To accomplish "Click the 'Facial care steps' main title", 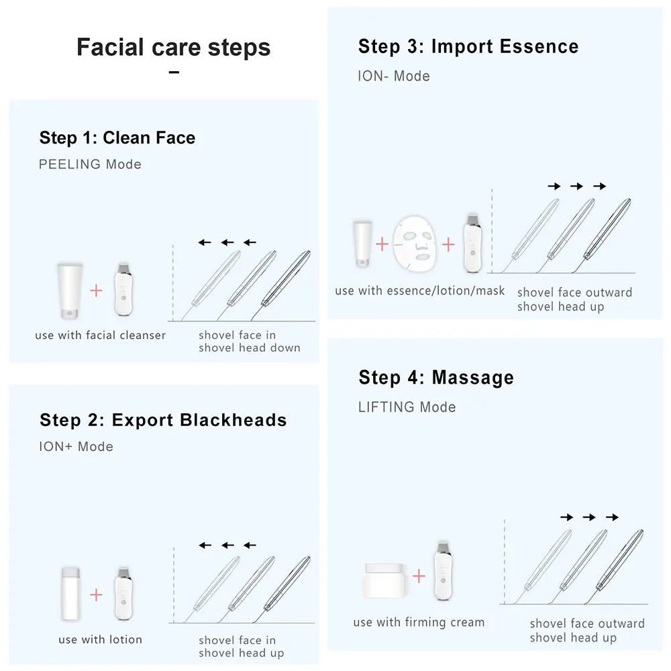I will (x=173, y=48).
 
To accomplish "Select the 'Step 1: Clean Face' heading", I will (x=117, y=138).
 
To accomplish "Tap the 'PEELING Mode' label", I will (x=90, y=164).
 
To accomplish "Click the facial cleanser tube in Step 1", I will (x=69, y=291).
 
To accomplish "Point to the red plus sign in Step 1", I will (x=97, y=290).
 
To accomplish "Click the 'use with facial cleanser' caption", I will (x=101, y=335).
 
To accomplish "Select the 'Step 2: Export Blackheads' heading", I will (x=163, y=420).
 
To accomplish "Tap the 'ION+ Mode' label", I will (x=76, y=447).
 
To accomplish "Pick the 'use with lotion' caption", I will (x=101, y=639).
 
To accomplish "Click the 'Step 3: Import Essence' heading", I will (x=468, y=47).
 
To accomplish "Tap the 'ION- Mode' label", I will (x=394, y=76).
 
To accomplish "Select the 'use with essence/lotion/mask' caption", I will (x=420, y=291).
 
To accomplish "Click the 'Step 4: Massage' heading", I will (x=436, y=378).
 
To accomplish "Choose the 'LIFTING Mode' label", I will (x=407, y=407).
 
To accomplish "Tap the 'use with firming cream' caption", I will (x=419, y=623).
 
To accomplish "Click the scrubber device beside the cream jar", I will (x=442, y=570).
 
